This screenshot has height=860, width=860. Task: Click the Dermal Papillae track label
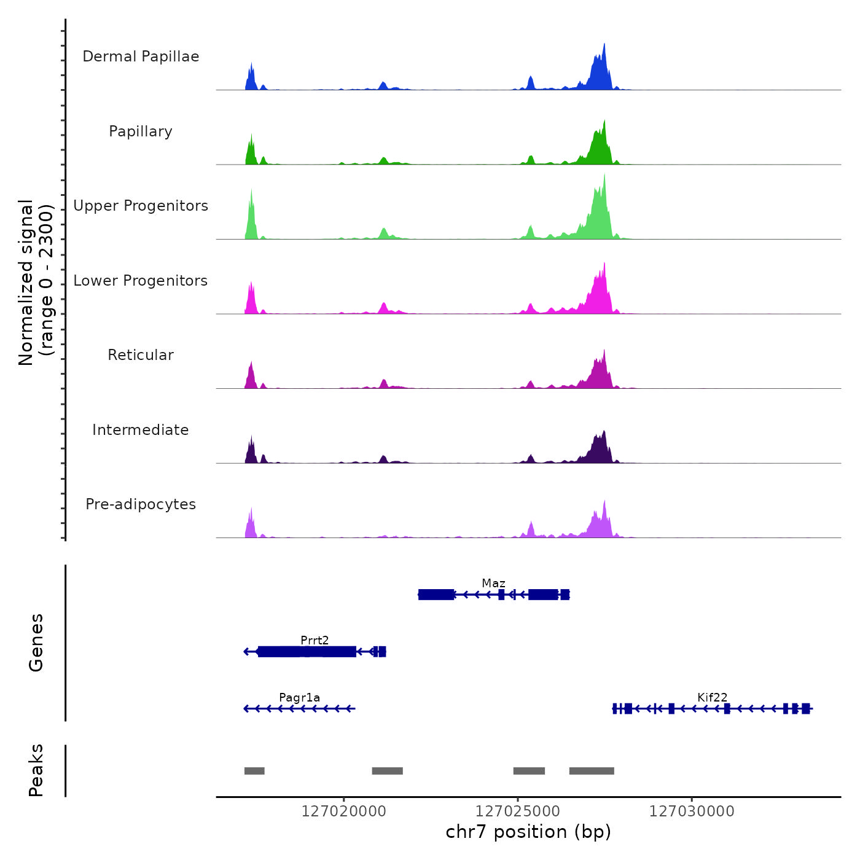click(x=141, y=57)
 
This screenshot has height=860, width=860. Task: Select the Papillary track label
click(x=141, y=131)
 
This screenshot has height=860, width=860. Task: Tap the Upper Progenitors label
click(x=141, y=206)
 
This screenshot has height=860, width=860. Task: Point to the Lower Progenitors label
click(x=141, y=281)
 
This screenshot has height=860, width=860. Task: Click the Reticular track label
click(x=141, y=355)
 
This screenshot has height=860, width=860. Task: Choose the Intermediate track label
click(x=141, y=430)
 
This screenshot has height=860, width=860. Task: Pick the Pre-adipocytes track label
click(x=141, y=504)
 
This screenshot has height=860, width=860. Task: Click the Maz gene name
click(x=493, y=583)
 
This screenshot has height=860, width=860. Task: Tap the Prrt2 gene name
click(x=315, y=640)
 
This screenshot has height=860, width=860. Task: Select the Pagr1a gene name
click(x=299, y=697)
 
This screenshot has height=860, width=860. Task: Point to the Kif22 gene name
click(x=712, y=697)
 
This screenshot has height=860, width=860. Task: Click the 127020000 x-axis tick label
click(x=344, y=811)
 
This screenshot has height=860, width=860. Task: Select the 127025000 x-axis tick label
click(x=518, y=811)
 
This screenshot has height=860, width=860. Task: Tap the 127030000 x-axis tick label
click(x=692, y=811)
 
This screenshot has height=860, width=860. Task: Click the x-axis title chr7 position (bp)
click(x=528, y=832)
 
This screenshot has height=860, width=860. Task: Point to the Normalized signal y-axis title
click(x=36, y=283)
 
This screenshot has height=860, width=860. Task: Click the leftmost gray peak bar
click(x=254, y=771)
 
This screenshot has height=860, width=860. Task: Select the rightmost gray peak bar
click(x=592, y=771)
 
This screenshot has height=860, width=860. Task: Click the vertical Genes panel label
click(x=36, y=643)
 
